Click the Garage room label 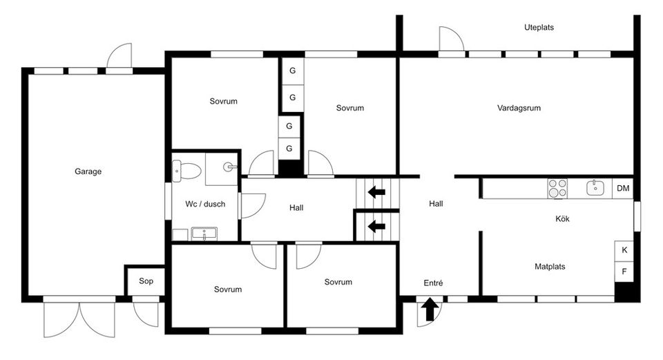tap(88, 171)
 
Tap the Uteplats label tap(539, 28)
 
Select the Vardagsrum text tap(518, 108)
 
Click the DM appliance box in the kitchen tap(623, 188)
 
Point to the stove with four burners tap(557, 188)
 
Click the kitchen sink tap(595, 188)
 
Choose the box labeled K tap(624, 250)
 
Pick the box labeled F tap(624, 272)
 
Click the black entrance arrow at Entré tap(430, 309)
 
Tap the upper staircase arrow tap(376, 191)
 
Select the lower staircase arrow tap(376, 226)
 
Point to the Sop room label tap(146, 281)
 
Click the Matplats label tap(550, 266)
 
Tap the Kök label tap(562, 219)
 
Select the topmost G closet tap(292, 70)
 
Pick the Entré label tap(433, 283)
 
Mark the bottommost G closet tap(289, 149)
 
